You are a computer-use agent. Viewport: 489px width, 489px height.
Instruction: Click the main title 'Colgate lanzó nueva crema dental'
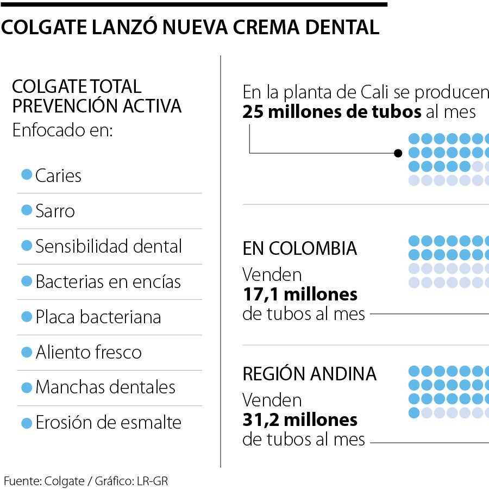point(190,27)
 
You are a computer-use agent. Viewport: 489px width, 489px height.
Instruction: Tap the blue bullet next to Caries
point(26,174)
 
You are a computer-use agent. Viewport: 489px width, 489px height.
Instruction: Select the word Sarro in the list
point(55,211)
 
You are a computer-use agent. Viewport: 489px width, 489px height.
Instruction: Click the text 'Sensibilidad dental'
point(109,246)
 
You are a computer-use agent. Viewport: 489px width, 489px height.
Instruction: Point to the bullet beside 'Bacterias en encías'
point(26,281)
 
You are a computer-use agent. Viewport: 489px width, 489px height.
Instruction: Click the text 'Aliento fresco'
point(89,352)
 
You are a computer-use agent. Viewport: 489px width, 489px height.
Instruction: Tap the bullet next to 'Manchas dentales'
point(26,387)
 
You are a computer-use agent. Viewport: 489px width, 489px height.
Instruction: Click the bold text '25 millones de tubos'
point(332,112)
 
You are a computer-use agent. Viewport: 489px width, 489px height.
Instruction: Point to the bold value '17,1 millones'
point(300,294)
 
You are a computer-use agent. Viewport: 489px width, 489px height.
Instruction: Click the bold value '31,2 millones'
point(300,419)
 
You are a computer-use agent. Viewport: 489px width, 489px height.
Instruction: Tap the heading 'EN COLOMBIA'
point(300,248)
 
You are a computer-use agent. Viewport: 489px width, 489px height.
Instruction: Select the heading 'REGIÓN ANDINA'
point(309,374)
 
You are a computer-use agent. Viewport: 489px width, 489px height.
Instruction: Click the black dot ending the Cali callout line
point(398,153)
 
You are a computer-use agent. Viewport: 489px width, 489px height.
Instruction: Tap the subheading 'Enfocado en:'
point(62,131)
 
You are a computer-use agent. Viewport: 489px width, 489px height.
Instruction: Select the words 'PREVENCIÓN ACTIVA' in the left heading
point(97,105)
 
